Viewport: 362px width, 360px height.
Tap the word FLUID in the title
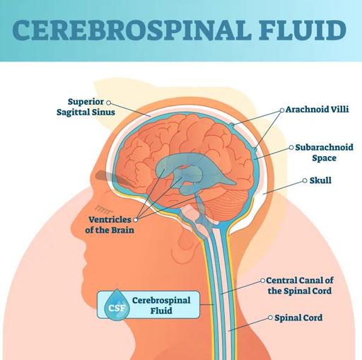point(303,30)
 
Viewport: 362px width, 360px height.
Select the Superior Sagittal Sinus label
point(86,107)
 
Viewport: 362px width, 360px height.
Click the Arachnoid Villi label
point(317,110)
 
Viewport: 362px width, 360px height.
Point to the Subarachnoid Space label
point(324,153)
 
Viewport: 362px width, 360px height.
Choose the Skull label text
point(320,180)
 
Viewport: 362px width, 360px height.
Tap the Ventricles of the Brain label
point(110,225)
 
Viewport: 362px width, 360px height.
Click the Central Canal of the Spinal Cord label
point(300,286)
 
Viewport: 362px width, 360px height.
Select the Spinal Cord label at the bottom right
point(298,318)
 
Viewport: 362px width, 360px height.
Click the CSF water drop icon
point(117,305)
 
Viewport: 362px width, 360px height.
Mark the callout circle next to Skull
point(305,180)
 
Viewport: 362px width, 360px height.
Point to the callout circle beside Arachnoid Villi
point(282,110)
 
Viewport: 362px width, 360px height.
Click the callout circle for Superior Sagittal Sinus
point(108,103)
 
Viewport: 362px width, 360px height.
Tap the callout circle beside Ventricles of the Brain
point(136,220)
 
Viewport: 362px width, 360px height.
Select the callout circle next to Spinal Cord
point(270,318)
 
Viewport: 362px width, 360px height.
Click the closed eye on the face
point(102,208)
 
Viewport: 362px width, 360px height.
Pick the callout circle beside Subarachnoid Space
point(291,147)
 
